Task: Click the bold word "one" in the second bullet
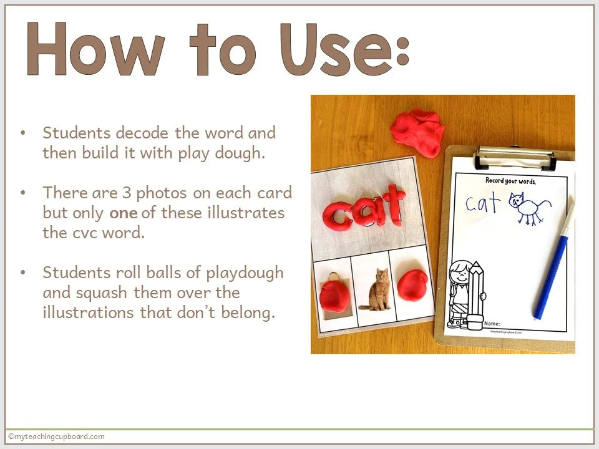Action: (x=124, y=213)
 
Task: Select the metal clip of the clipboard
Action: (x=515, y=158)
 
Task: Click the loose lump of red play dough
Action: (x=417, y=133)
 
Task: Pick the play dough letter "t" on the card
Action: (x=395, y=204)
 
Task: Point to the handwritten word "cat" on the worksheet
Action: (x=483, y=203)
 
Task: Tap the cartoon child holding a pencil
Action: (x=465, y=293)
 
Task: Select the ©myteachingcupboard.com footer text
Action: (x=56, y=437)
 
